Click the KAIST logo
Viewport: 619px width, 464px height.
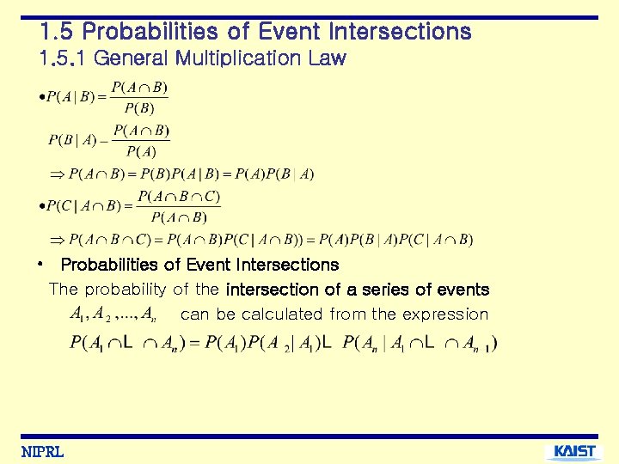[x=573, y=452]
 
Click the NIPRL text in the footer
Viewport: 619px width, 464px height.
[x=42, y=453]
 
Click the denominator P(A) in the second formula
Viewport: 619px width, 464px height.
[x=141, y=152]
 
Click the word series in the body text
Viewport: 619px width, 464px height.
[x=384, y=290]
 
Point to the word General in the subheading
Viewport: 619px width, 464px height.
[x=131, y=58]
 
